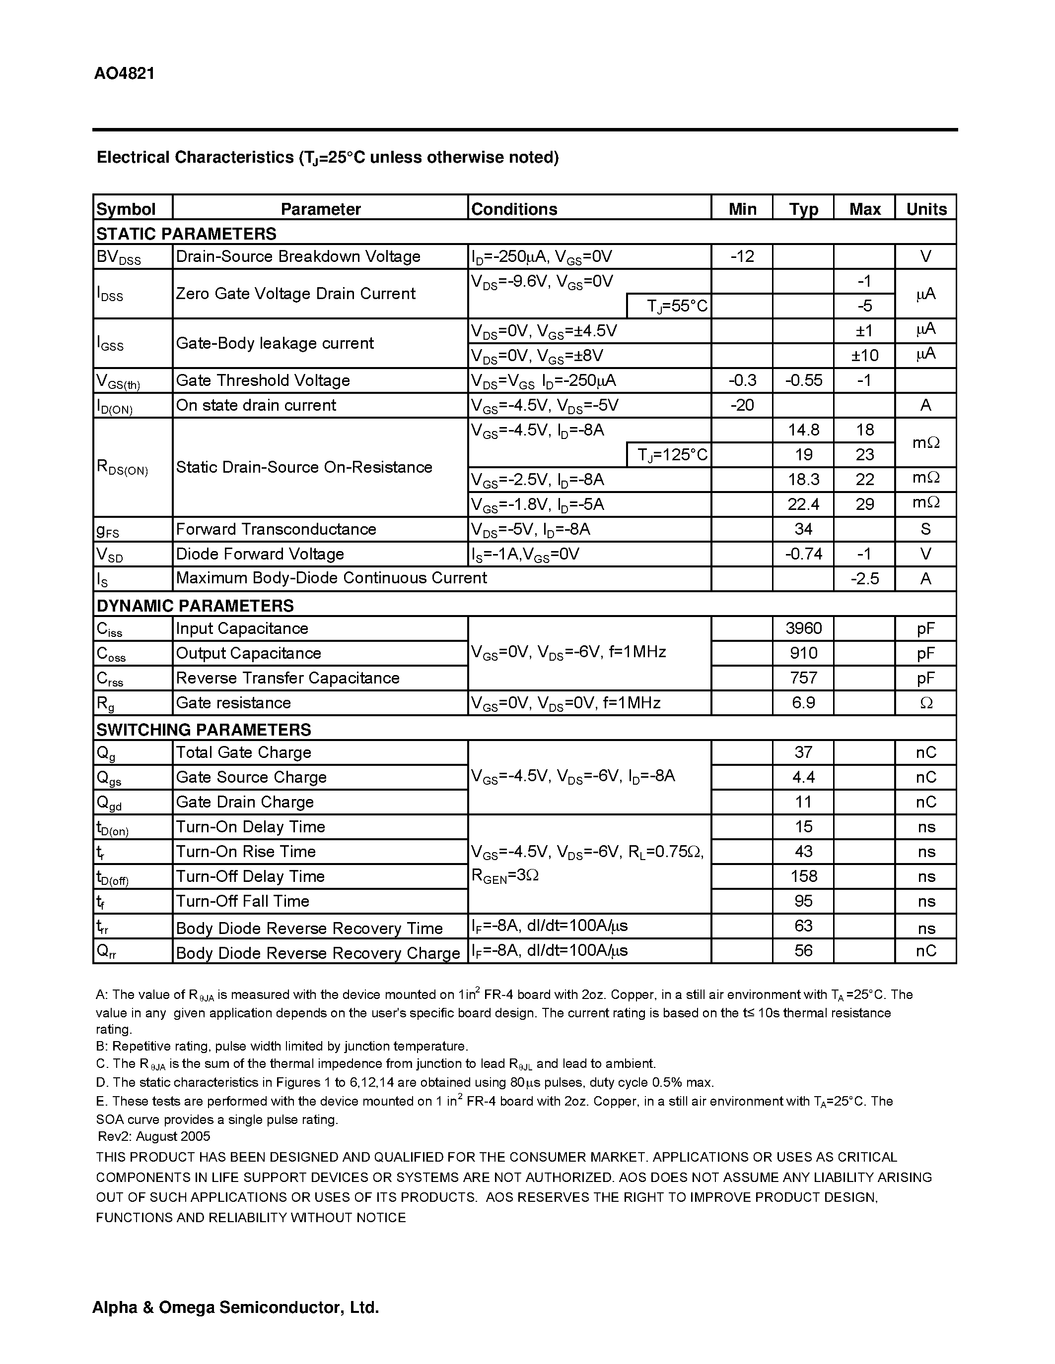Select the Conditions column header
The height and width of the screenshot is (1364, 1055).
514,209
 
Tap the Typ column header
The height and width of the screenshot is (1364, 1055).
803,209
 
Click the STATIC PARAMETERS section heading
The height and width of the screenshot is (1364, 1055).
186,234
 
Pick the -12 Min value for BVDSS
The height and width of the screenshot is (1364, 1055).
742,256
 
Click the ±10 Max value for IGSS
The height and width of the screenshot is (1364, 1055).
864,355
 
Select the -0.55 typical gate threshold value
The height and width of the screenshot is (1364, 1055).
803,380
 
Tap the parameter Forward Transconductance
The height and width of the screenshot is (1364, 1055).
276,529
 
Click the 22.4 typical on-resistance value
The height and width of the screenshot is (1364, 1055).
803,504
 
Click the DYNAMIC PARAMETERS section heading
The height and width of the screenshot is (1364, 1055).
195,605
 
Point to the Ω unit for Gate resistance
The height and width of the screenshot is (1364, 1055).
925,703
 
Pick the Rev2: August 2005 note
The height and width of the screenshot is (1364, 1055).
154,1136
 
